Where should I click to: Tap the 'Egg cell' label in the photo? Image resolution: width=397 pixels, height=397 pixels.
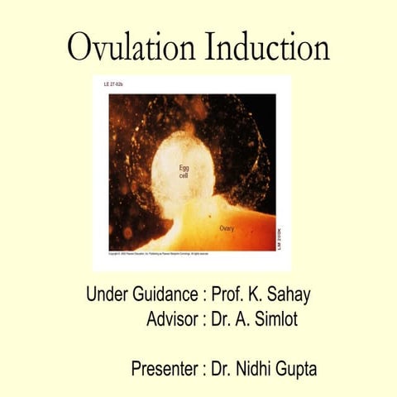[184, 171]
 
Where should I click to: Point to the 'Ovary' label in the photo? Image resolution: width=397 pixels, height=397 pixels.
[230, 227]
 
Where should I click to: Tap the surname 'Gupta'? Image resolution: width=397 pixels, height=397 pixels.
[290, 369]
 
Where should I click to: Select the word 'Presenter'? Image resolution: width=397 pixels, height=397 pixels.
[164, 369]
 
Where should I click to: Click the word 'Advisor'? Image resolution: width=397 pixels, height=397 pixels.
[171, 319]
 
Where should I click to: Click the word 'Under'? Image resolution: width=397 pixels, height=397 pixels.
[106, 294]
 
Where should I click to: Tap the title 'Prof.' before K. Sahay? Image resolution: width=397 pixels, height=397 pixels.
[228, 294]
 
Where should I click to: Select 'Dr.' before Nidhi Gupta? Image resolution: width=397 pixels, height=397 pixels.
[222, 369]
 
